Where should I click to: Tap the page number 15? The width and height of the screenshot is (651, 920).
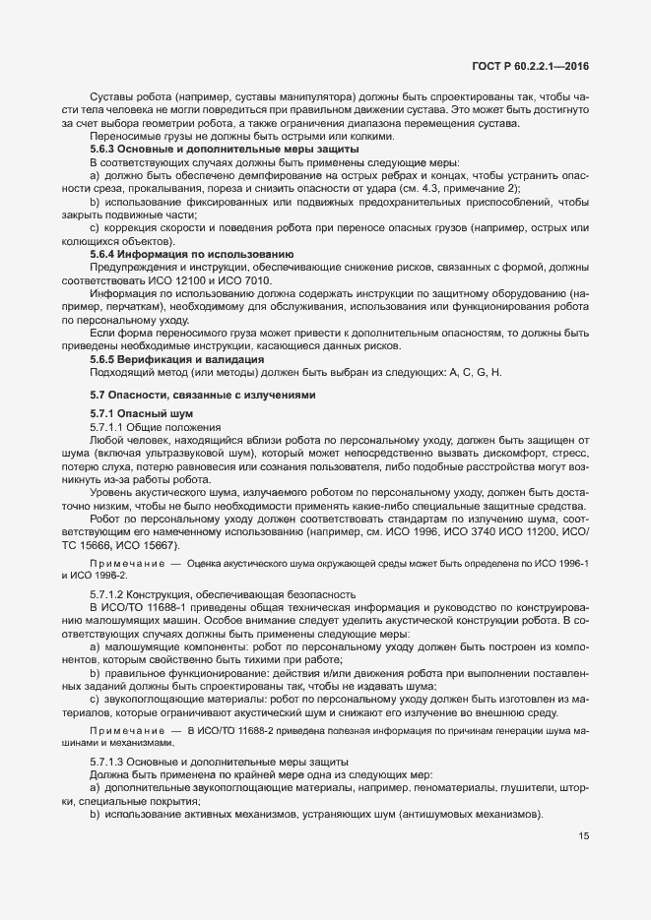click(x=584, y=836)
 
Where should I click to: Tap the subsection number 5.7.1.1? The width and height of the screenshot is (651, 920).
click(x=110, y=428)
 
